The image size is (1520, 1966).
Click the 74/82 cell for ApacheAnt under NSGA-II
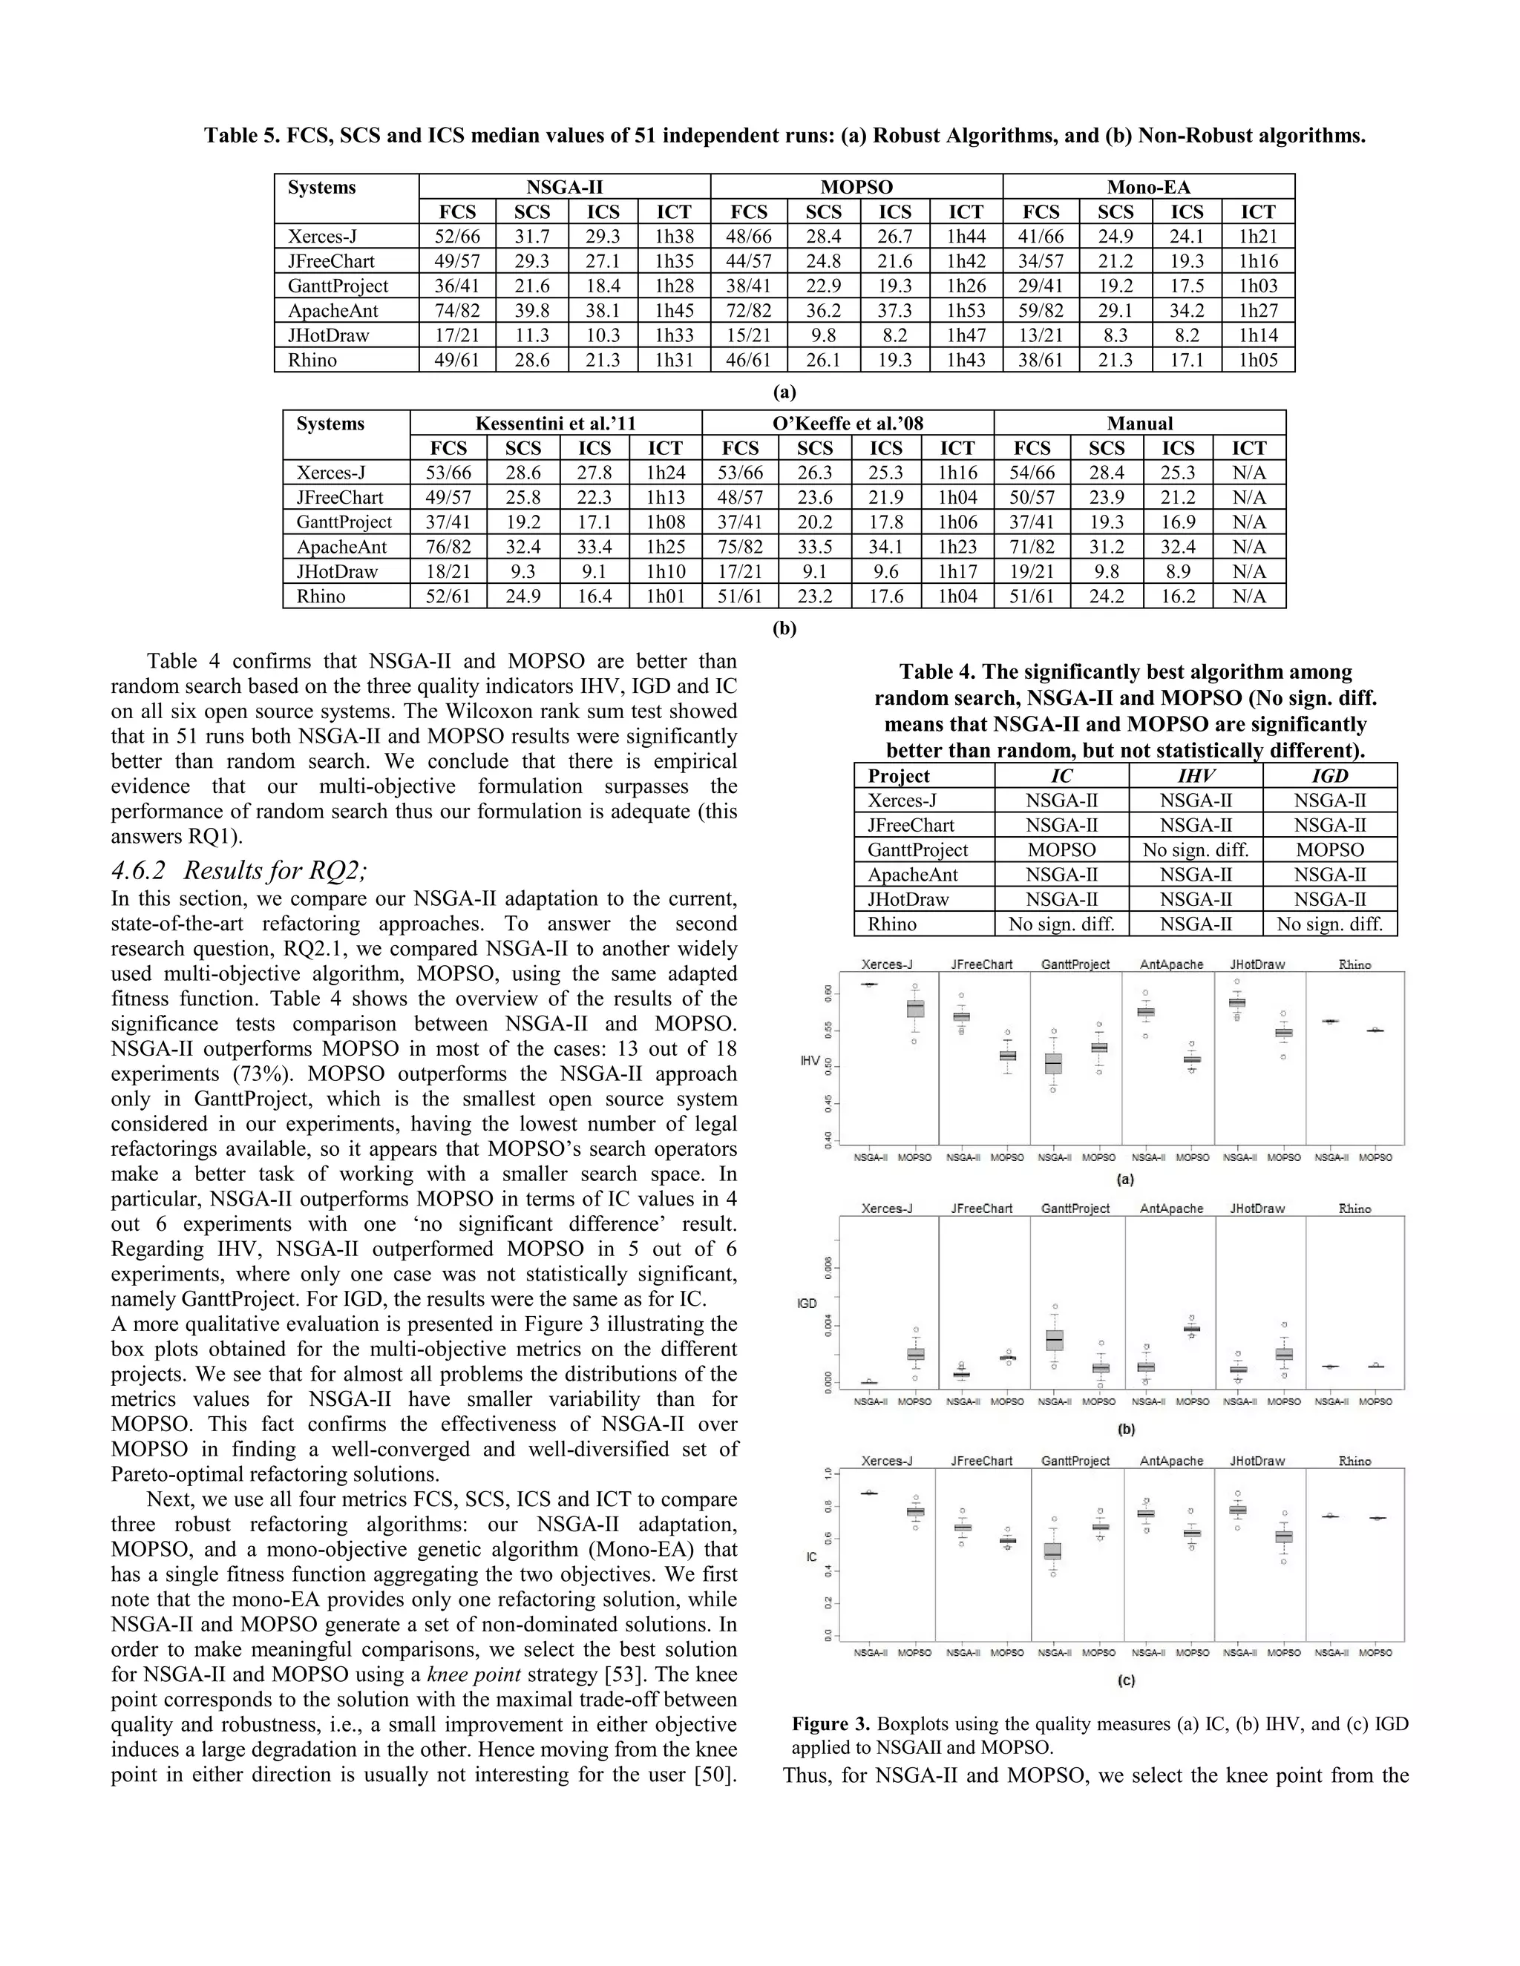456,311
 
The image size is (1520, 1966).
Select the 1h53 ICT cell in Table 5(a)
966,311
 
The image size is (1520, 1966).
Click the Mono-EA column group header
1148,187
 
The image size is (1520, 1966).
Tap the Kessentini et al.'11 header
556,423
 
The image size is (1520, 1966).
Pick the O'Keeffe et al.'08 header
848,423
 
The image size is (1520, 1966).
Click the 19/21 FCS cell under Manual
1032,571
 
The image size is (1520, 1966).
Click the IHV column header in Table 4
1195,776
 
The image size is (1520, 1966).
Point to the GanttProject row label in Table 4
917,849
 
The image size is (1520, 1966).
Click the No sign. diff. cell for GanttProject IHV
1195,849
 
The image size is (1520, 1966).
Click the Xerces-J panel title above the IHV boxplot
887,964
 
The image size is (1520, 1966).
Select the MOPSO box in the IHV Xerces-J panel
915,1009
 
